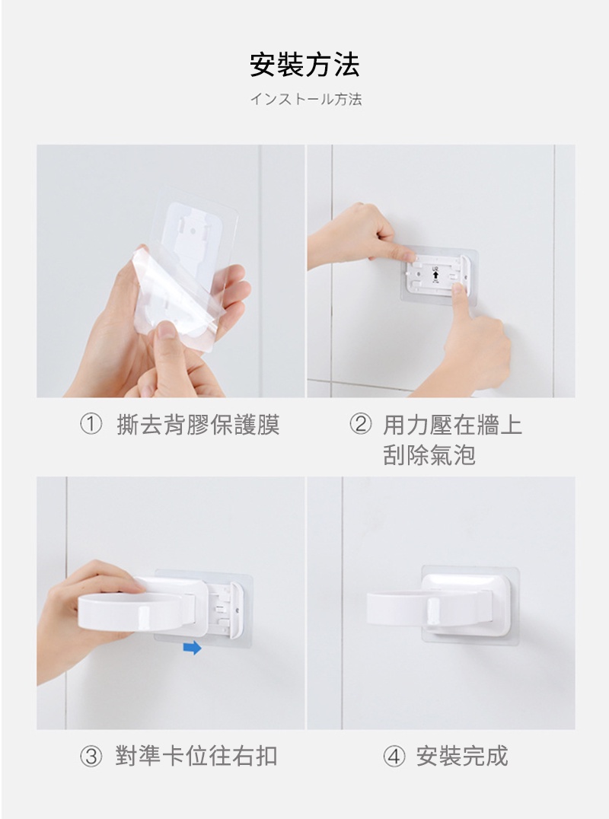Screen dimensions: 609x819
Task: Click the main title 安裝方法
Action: tap(305, 65)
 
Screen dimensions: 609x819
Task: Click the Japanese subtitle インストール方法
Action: tap(305, 99)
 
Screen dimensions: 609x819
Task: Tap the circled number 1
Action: tap(91, 424)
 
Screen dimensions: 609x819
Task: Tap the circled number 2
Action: tap(360, 424)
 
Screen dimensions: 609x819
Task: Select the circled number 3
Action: tap(91, 757)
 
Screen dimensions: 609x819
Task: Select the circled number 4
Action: tap(394, 757)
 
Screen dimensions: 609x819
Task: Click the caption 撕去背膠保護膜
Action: tap(199, 424)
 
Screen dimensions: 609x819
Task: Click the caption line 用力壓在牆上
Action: tap(453, 424)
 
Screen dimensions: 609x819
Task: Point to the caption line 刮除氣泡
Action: tap(429, 454)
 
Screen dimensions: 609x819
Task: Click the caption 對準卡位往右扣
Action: tap(196, 757)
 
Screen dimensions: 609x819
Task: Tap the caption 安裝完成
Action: tap(462, 757)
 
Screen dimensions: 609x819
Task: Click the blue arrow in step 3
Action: tap(192, 649)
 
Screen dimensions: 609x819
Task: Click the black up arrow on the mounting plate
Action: tap(435, 274)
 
